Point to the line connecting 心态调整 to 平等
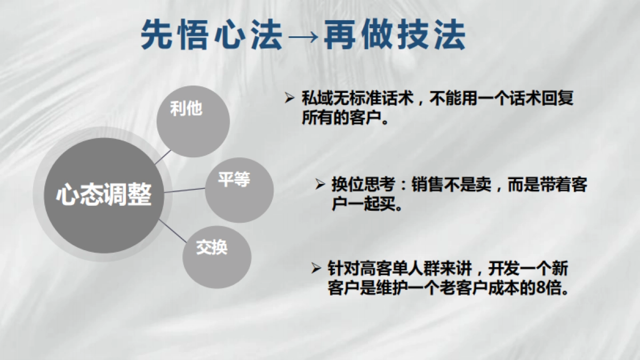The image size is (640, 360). click(185, 190)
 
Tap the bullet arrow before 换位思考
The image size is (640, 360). click(320, 183)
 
